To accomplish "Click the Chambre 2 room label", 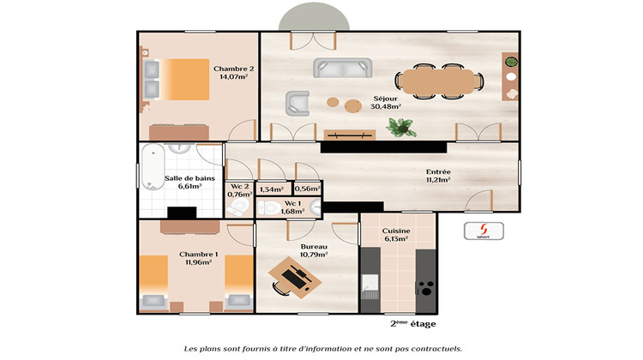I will (233, 69).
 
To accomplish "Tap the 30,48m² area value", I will (385, 107).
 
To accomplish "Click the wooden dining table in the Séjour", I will (440, 80).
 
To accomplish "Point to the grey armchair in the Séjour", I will (297, 103).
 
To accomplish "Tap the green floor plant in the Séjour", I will (400, 128).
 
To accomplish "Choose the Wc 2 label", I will (239, 185).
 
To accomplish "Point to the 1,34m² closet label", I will (271, 189).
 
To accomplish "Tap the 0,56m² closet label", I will (307, 189).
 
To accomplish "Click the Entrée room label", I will (438, 172).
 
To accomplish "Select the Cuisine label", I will (395, 231).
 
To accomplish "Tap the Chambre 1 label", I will (199, 255).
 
